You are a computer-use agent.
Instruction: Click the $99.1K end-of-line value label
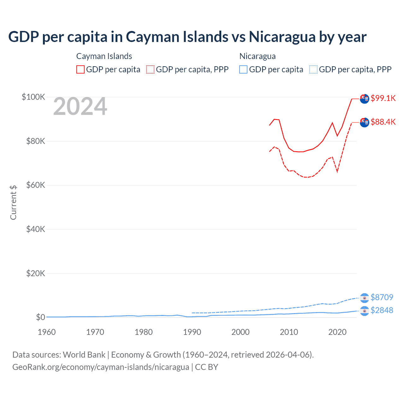pos(383,98)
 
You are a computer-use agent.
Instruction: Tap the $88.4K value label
pos(383,122)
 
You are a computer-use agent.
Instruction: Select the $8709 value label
pos(382,297)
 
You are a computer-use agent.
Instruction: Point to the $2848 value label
pos(382,310)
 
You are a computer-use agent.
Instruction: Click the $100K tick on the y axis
pos(33,97)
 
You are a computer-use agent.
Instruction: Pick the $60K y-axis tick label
pos(36,185)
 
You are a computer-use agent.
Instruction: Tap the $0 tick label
pos(40,317)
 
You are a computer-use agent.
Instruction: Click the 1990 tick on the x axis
pos(192,332)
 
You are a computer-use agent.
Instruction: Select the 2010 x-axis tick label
pos(289,332)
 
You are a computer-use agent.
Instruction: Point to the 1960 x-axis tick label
pos(47,332)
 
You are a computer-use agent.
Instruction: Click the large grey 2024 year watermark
pos(80,107)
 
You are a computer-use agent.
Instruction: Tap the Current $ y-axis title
pos(13,202)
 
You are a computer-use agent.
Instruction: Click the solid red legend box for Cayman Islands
pos(80,69)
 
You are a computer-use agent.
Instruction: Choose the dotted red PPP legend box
pos(150,69)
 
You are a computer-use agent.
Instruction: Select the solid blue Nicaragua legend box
pos(243,69)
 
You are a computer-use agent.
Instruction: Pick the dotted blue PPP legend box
pos(313,69)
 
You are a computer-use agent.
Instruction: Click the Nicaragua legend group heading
pos(258,56)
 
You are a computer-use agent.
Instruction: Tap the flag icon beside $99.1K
pos(365,99)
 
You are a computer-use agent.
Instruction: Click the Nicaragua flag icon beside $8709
pos(365,298)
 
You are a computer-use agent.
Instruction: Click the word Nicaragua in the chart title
pos(282,37)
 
